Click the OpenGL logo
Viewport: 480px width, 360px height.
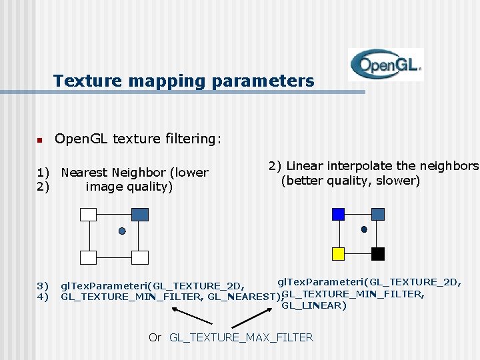pos(386,65)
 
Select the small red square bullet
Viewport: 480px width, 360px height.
pos(39,140)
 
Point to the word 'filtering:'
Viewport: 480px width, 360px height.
pos(193,139)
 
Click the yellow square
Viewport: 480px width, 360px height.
pos(338,253)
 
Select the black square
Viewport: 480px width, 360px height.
pos(377,253)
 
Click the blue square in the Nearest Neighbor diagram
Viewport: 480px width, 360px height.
pos(140,214)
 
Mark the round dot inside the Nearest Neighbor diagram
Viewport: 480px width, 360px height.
pos(122,231)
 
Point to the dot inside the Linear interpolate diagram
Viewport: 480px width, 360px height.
pos(364,229)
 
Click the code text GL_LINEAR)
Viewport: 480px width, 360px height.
pos(314,305)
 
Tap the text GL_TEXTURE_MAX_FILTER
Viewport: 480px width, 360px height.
pos(241,337)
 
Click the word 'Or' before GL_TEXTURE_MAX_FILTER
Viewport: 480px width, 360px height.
pos(155,337)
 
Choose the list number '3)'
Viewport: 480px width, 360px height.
pos(43,285)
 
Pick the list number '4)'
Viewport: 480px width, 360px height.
pos(43,297)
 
